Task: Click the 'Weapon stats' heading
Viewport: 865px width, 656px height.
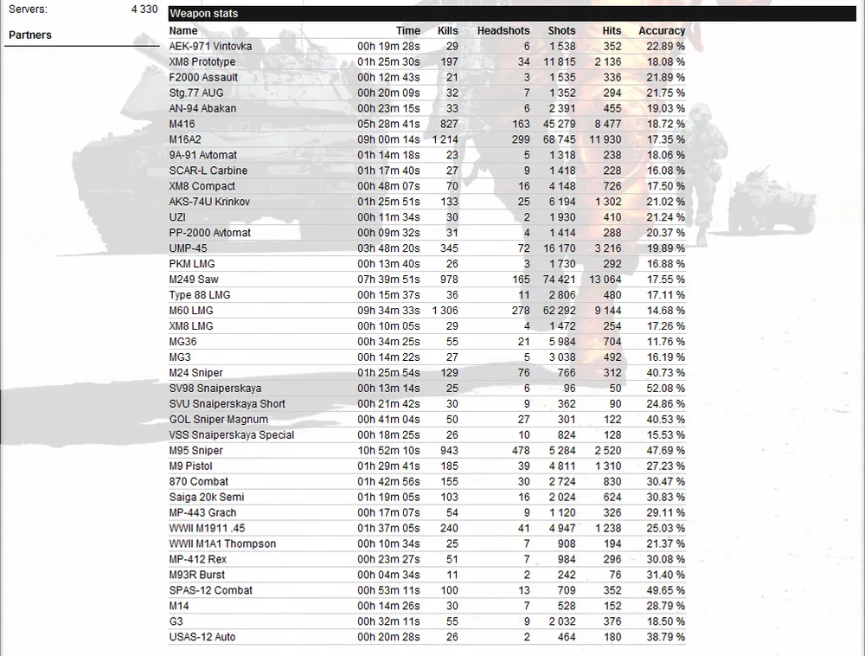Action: click(204, 14)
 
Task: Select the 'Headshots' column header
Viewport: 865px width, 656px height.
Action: click(503, 30)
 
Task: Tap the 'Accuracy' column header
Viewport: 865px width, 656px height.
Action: click(662, 30)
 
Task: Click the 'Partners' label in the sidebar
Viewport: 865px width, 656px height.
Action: click(30, 35)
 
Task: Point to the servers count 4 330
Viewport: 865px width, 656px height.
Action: click(144, 10)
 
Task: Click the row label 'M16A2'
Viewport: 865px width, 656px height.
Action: click(185, 139)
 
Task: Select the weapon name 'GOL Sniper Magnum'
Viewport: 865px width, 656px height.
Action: click(219, 420)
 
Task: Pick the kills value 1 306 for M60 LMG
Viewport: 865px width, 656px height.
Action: click(445, 311)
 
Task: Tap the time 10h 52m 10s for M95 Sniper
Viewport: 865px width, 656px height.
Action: click(388, 451)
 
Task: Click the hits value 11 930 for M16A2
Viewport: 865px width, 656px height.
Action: click(605, 139)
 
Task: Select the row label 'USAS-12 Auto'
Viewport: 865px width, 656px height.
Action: click(202, 638)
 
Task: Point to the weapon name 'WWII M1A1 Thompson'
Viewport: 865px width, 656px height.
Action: click(222, 544)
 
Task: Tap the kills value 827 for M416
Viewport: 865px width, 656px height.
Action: click(449, 124)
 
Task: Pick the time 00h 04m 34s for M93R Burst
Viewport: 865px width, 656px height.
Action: click(388, 576)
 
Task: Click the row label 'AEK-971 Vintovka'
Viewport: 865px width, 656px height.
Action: click(210, 46)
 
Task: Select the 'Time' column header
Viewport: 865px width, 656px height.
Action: click(408, 30)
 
